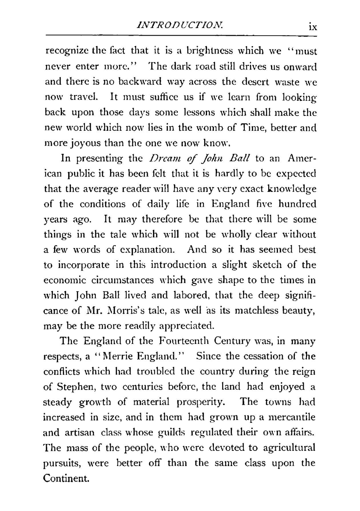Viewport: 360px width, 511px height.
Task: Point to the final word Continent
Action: (66, 478)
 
